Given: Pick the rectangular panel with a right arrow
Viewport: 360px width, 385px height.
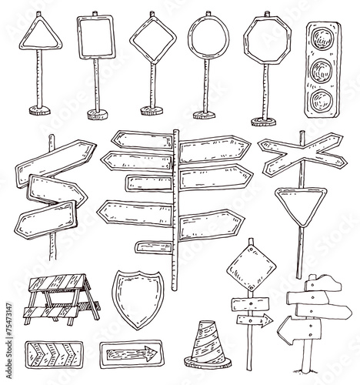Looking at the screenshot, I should (x=129, y=353).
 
